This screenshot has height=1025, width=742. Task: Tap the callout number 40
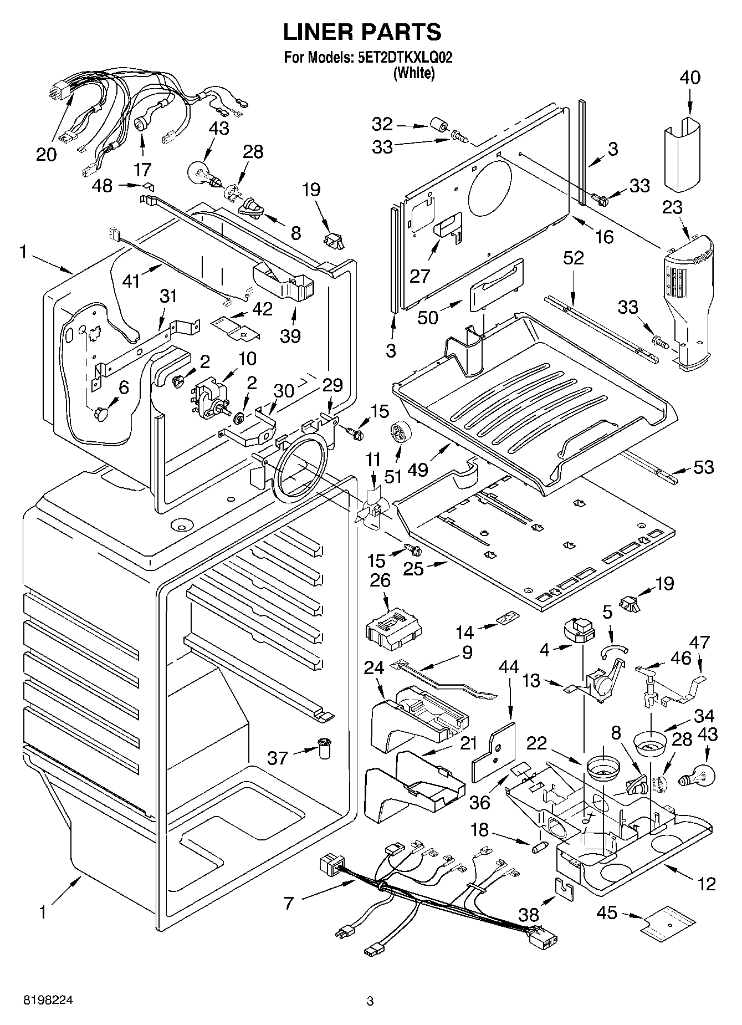point(689,78)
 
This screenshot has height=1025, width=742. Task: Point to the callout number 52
point(573,258)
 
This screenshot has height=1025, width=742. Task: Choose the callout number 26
point(380,580)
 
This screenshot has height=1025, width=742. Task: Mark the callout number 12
point(707,884)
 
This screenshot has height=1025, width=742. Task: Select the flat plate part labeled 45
point(668,924)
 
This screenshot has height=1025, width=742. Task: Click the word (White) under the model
point(413,73)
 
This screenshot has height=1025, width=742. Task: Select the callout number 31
point(168,296)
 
